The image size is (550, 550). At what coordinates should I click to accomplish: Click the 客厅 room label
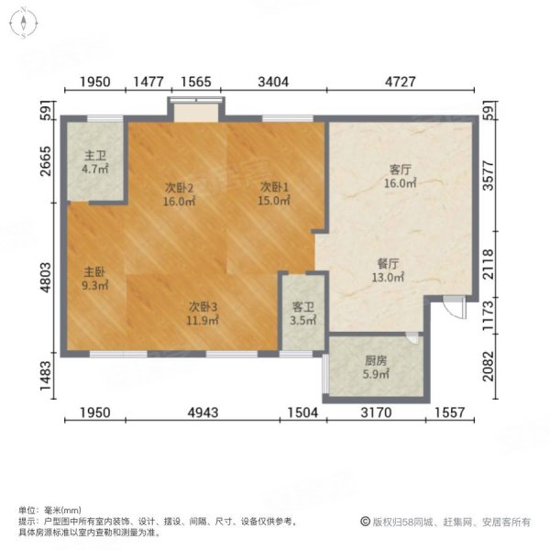pyautogui.click(x=398, y=170)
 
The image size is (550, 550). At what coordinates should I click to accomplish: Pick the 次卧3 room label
pyautogui.click(x=203, y=306)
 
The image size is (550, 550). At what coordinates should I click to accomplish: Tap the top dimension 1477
pyautogui.click(x=149, y=82)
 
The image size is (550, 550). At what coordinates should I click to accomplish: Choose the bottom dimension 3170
pyautogui.click(x=376, y=413)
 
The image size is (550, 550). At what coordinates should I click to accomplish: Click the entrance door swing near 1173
pyautogui.click(x=447, y=308)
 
